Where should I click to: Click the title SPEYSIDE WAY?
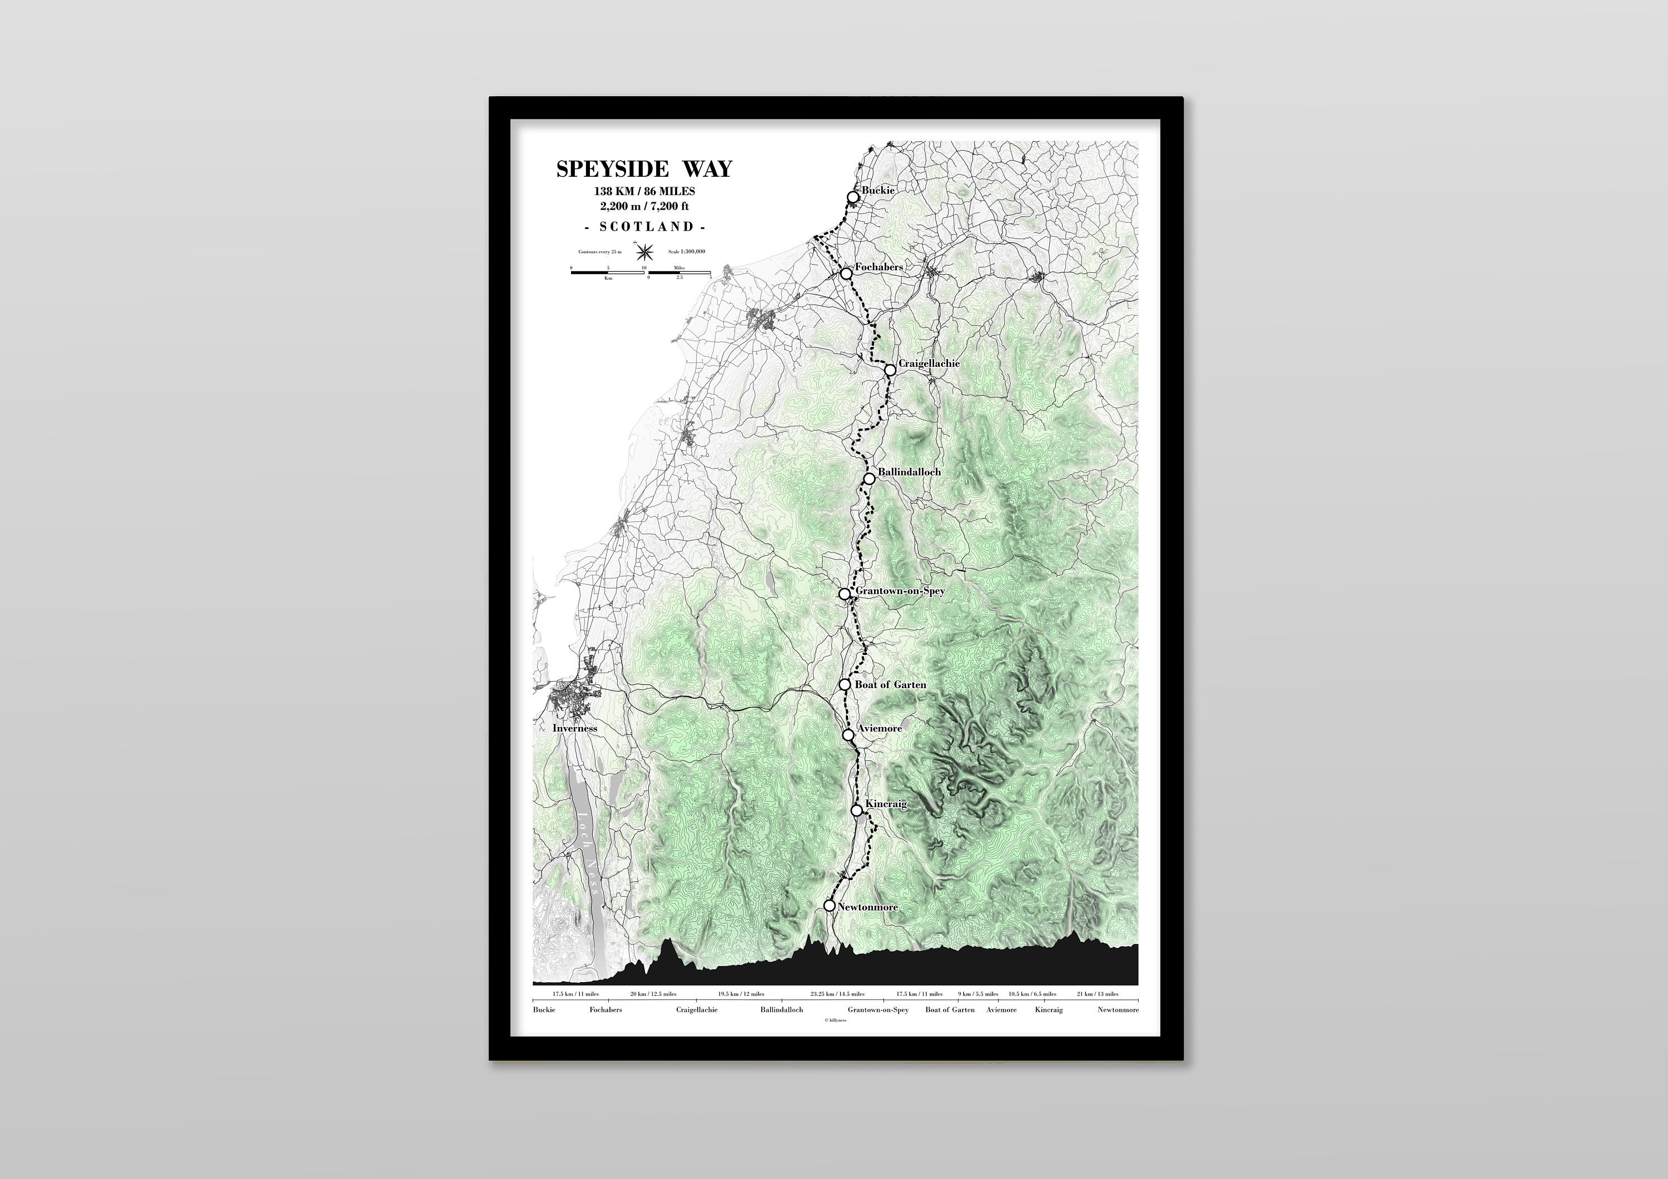[x=644, y=169]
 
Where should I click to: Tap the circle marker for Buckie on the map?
[x=853, y=197]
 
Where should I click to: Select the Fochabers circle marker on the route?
[x=846, y=274]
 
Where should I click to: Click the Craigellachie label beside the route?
[x=929, y=363]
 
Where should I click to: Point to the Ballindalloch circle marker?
[x=869, y=478]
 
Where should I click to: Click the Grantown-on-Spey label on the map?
[x=900, y=590]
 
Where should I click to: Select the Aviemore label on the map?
[x=879, y=728]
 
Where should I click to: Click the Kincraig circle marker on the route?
[x=857, y=810]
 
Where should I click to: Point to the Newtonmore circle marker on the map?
[x=830, y=906]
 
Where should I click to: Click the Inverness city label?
[x=575, y=728]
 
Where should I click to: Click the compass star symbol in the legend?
[x=644, y=252]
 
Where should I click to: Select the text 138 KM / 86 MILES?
[x=644, y=191]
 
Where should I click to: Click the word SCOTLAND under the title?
[x=644, y=227]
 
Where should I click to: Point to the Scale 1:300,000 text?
[x=687, y=251]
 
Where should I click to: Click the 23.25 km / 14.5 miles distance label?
[x=838, y=994]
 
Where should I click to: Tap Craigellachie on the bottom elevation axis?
[x=697, y=1010]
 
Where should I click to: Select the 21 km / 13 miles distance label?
[x=1097, y=994]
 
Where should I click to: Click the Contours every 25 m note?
[x=600, y=251]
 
